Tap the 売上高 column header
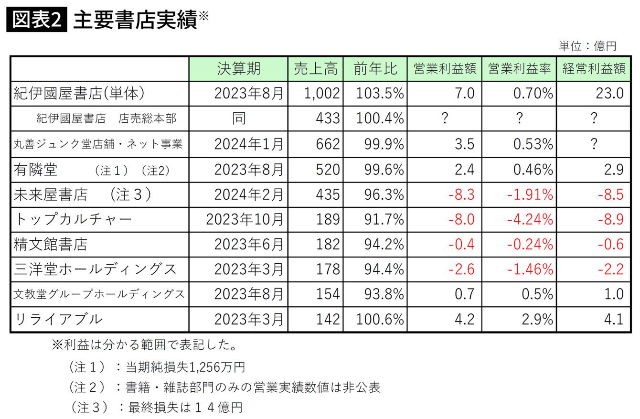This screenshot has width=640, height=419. pyautogui.click(x=315, y=69)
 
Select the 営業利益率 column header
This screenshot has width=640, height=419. pyautogui.click(x=519, y=69)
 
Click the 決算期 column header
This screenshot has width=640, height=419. pyautogui.click(x=238, y=69)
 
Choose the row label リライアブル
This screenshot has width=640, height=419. pyautogui.click(x=58, y=319)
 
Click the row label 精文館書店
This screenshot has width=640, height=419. pyautogui.click(x=51, y=244)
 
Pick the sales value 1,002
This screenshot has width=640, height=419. pyautogui.click(x=322, y=93)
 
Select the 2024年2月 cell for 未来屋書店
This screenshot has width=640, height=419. pyautogui.click(x=248, y=194)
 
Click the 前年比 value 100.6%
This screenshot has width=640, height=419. pyautogui.click(x=380, y=319)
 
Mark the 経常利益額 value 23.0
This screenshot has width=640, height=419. pyautogui.click(x=609, y=93)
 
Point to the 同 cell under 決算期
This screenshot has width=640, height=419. pyautogui.click(x=238, y=118)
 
